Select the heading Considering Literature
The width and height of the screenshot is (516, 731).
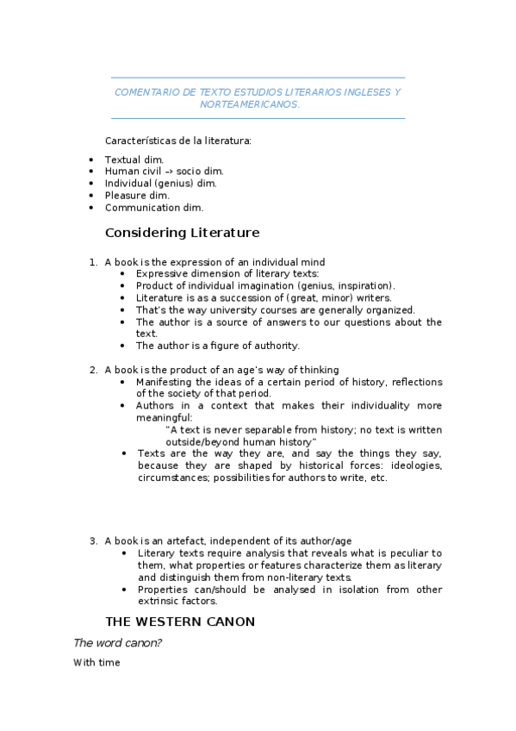[182, 233]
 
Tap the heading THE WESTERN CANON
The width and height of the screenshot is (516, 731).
[179, 621]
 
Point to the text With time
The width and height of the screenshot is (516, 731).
[96, 663]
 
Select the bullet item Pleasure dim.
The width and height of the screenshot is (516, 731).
[137, 195]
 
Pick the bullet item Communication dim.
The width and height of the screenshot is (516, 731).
[153, 207]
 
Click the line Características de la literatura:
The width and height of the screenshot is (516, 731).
[177, 141]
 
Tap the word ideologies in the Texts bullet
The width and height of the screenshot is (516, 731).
[416, 465]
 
